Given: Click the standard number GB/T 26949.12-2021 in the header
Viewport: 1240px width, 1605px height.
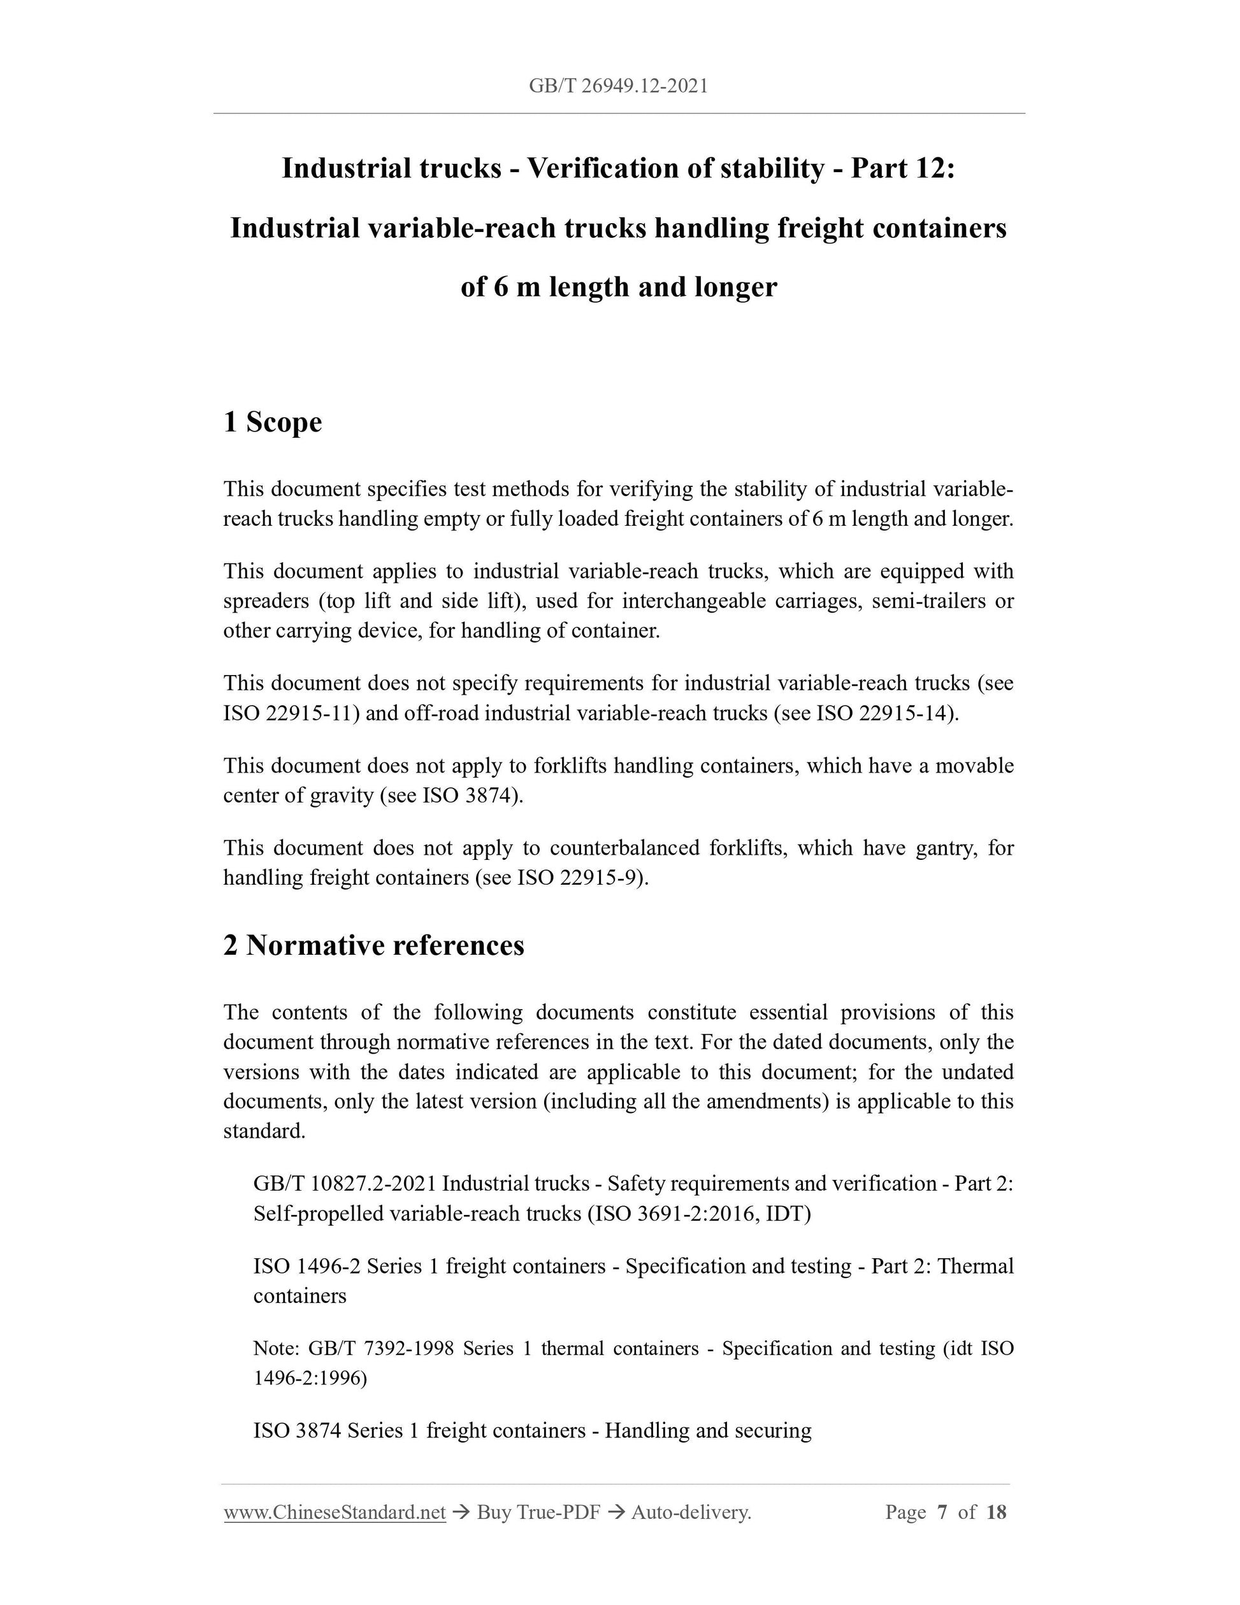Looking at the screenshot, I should pyautogui.click(x=618, y=86).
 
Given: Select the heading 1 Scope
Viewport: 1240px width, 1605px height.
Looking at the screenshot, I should pyautogui.click(x=273, y=422).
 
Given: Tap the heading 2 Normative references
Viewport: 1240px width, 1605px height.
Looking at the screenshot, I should pyautogui.click(x=374, y=945).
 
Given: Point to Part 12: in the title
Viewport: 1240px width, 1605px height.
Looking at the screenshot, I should pyautogui.click(x=903, y=168).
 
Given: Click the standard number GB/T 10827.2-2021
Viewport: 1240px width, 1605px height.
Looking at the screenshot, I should pyautogui.click(x=345, y=1184).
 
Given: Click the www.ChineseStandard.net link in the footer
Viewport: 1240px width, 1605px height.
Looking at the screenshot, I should pyautogui.click(x=335, y=1512).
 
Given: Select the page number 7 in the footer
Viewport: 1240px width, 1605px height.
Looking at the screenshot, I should pyautogui.click(x=942, y=1512).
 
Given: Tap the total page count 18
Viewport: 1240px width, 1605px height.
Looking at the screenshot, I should pyautogui.click(x=996, y=1512).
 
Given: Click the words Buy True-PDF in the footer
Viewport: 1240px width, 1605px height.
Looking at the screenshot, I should pyautogui.click(x=538, y=1512).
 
